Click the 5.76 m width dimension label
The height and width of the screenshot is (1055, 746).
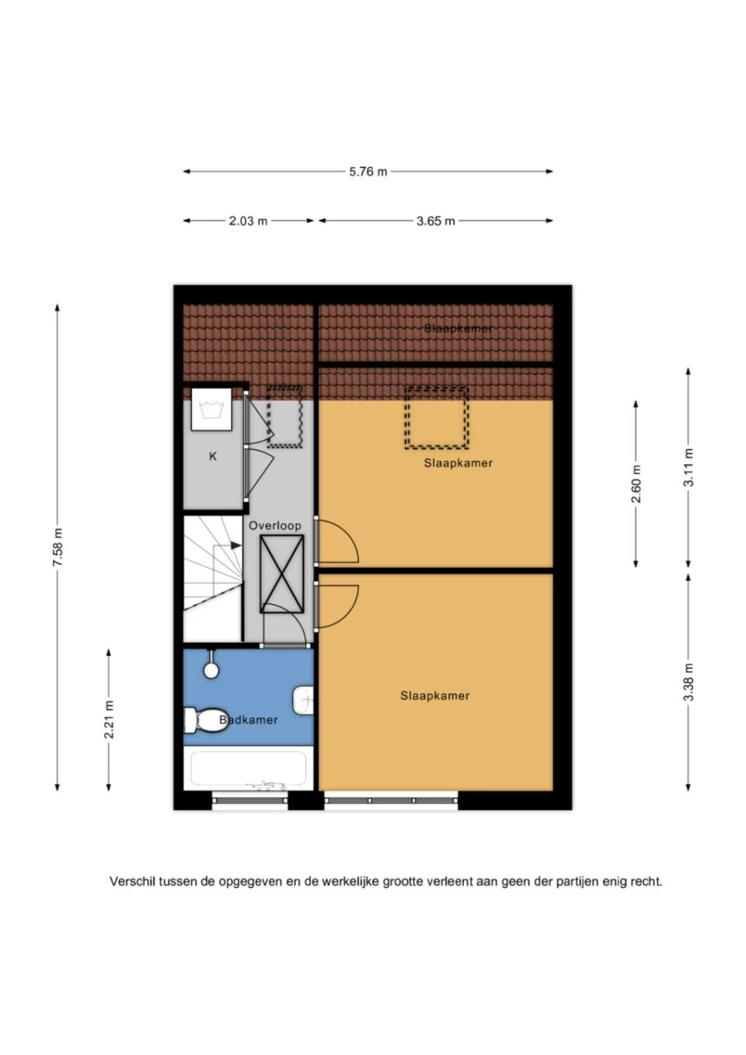(x=368, y=172)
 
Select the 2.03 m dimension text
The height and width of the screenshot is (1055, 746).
(x=248, y=221)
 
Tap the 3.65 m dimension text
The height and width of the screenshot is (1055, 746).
(x=436, y=221)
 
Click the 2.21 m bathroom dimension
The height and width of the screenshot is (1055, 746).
(x=109, y=719)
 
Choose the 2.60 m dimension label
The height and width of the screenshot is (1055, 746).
(x=636, y=484)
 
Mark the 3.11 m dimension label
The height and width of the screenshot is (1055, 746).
(x=688, y=467)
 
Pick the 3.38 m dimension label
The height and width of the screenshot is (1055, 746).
(x=688, y=681)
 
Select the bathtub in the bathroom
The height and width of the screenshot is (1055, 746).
(x=248, y=768)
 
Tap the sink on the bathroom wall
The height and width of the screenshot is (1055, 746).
(x=303, y=700)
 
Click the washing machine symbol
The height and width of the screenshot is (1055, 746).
(x=211, y=409)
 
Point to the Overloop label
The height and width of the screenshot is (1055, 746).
(x=275, y=526)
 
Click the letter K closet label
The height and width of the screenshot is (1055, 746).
(x=213, y=456)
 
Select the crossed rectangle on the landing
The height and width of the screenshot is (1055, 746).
(x=281, y=573)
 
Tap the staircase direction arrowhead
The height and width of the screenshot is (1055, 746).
(x=236, y=545)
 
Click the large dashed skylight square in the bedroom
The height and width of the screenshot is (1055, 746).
(x=437, y=417)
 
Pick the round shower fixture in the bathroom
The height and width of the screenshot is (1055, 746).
(x=211, y=670)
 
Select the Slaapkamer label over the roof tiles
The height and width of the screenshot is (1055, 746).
(x=458, y=329)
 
